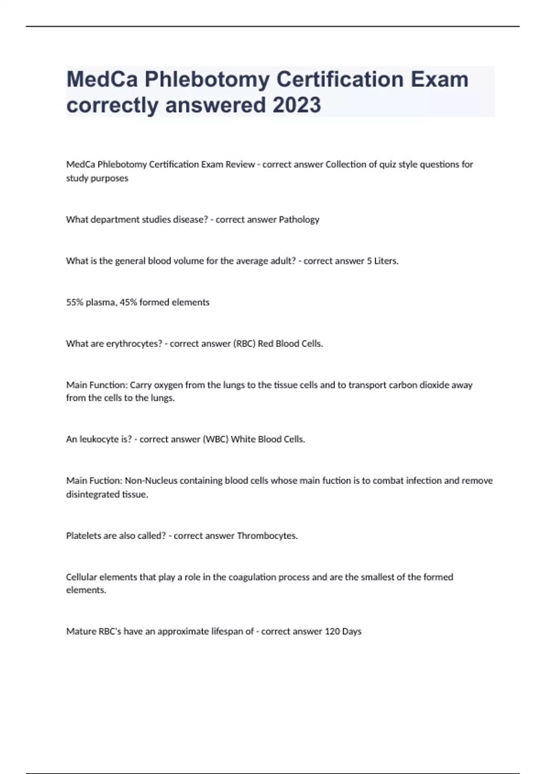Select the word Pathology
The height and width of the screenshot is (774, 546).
pos(299,219)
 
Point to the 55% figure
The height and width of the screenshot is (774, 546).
pos(75,302)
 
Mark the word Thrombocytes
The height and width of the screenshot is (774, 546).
pos(267,536)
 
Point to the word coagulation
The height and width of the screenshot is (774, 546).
pos(252,577)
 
